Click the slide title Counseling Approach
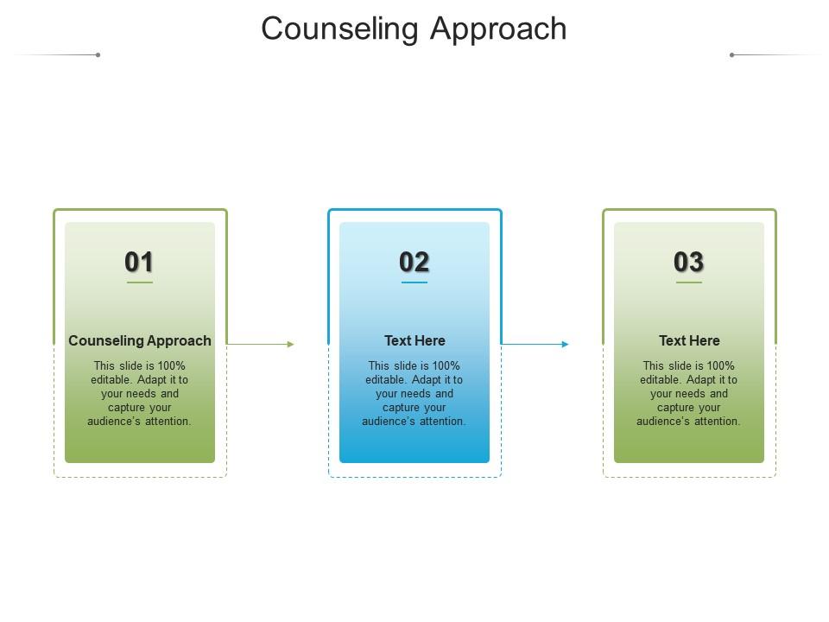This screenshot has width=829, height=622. pyautogui.click(x=414, y=29)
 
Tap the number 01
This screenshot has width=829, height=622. pyautogui.click(x=139, y=262)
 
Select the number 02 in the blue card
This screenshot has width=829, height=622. pyautogui.click(x=414, y=262)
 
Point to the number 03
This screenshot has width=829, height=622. pyautogui.click(x=688, y=262)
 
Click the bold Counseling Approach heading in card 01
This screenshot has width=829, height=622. pyautogui.click(x=140, y=340)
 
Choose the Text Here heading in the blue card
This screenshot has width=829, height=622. pyautogui.click(x=414, y=340)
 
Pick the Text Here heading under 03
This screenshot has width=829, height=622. pyautogui.click(x=689, y=340)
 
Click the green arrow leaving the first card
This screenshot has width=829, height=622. pyautogui.click(x=260, y=345)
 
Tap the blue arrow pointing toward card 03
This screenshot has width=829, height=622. pyautogui.click(x=535, y=345)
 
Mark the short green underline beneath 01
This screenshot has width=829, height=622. pyautogui.click(x=140, y=282)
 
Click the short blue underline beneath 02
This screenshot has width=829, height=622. pyautogui.click(x=414, y=282)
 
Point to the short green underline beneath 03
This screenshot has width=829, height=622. pyautogui.click(x=689, y=282)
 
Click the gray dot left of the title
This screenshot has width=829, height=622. pyautogui.click(x=98, y=55)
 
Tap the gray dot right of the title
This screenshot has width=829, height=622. pyautogui.click(x=731, y=55)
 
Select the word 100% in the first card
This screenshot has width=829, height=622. pyautogui.click(x=171, y=365)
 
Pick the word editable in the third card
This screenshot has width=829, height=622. pyautogui.click(x=660, y=380)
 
